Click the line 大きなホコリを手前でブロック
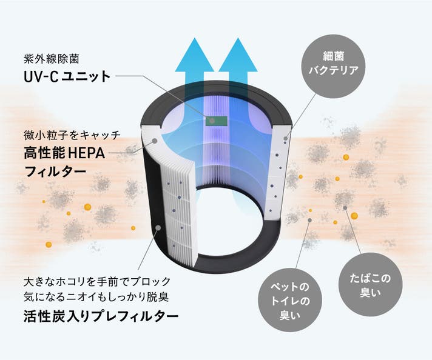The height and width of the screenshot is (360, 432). (97, 282)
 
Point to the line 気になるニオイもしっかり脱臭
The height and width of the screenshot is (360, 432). (97, 298)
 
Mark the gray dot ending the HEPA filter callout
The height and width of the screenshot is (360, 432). (155, 141)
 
